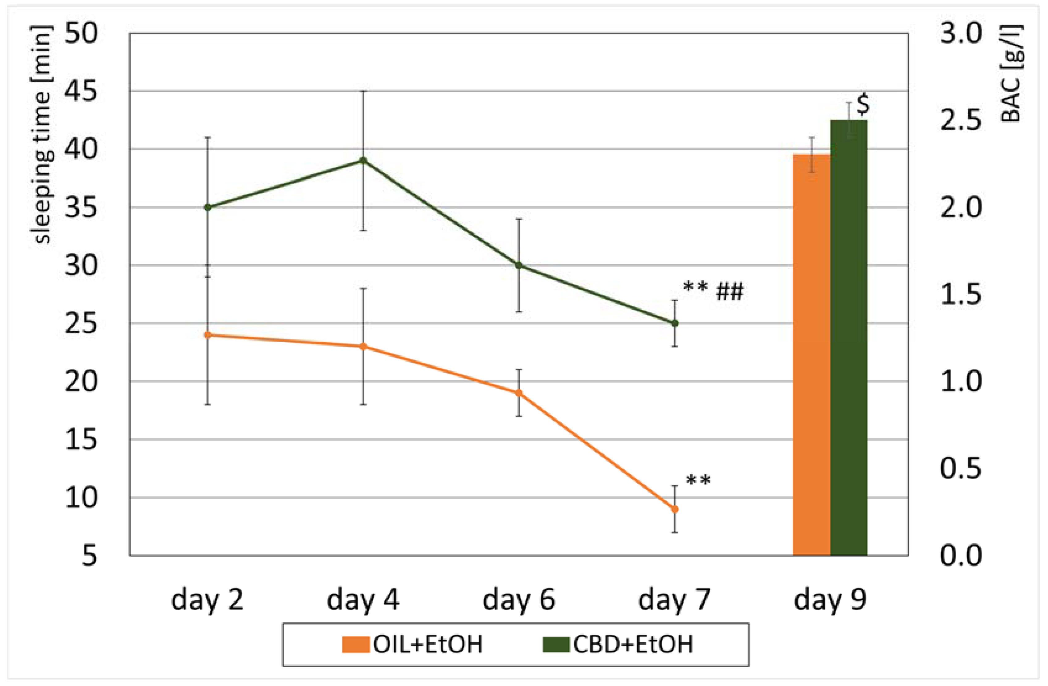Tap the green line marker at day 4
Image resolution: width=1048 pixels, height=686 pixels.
(363, 160)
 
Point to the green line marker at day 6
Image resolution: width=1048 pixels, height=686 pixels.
(519, 265)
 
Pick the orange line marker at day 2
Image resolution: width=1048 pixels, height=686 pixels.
(208, 335)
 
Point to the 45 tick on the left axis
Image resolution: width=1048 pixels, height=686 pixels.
(81, 92)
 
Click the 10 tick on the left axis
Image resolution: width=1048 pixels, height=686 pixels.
(81, 498)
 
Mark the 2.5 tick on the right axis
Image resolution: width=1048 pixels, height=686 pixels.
(961, 120)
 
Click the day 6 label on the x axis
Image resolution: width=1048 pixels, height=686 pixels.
(519, 600)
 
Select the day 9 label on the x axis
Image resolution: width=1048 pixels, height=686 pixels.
(830, 600)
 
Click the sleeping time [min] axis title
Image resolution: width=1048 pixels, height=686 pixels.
(43, 134)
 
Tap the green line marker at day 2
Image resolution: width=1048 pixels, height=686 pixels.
(208, 207)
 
